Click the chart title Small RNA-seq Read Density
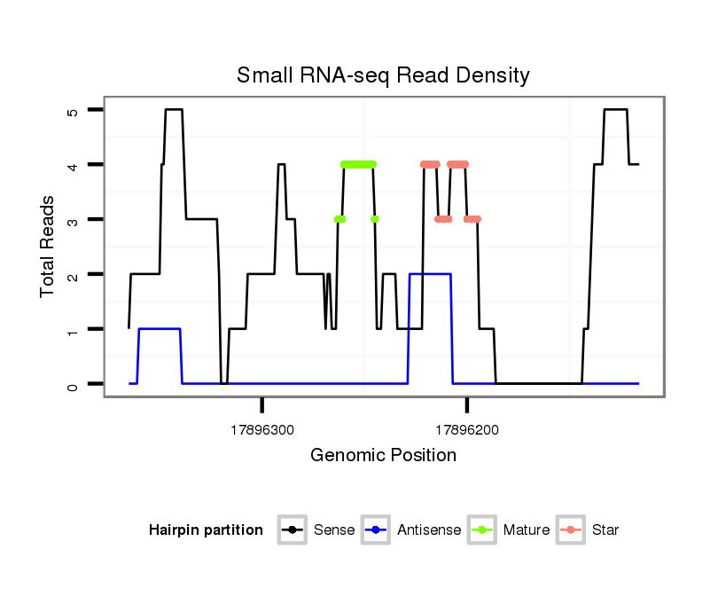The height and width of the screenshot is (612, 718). tap(383, 75)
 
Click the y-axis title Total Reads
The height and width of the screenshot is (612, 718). tap(49, 247)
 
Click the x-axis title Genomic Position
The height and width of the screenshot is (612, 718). tap(383, 456)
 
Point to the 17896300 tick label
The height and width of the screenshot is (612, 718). tap(262, 429)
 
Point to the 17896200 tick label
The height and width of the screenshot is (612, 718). tap(467, 429)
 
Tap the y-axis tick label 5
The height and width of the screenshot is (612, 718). tap(74, 111)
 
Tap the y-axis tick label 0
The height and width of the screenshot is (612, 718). tap(74, 384)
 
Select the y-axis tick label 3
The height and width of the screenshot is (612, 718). tap(74, 220)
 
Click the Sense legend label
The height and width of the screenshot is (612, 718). tap(334, 530)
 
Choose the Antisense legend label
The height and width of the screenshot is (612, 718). tap(429, 530)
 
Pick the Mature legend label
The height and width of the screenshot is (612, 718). tap(527, 530)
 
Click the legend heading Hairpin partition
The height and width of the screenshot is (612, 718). tap(206, 530)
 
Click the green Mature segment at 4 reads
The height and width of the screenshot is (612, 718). tap(358, 164)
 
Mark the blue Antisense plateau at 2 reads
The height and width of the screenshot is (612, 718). tap(430, 274)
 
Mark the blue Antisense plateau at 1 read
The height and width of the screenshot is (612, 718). tap(160, 329)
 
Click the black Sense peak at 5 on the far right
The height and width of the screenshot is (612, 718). tap(615, 110)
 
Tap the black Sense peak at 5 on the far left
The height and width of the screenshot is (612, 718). tap(174, 110)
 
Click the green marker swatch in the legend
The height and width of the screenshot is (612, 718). tap(485, 530)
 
